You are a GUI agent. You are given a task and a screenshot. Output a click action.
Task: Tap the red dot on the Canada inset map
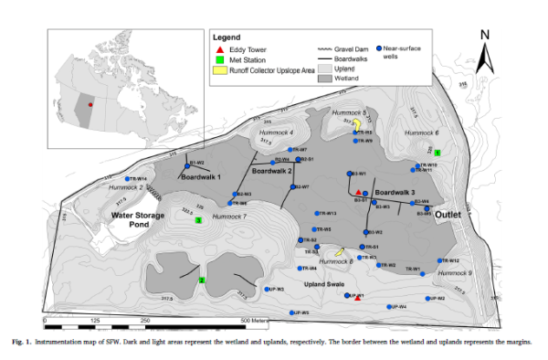pyautogui.click(x=90, y=105)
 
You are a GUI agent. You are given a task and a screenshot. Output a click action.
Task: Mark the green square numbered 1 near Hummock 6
pyautogui.click(x=437, y=152)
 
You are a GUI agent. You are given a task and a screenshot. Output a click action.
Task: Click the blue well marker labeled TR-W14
pyautogui.click(x=128, y=178)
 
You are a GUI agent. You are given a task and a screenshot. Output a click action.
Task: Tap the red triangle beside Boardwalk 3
pyautogui.click(x=361, y=192)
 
